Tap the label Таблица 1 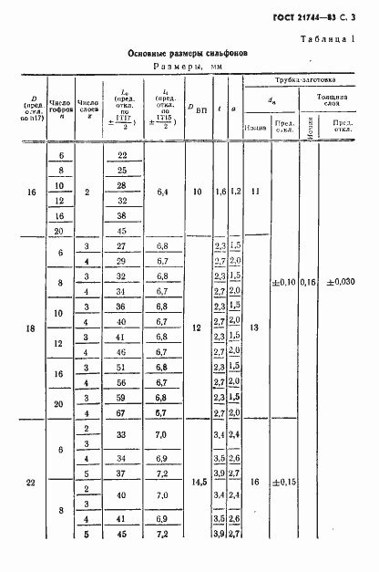(x=331, y=37)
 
